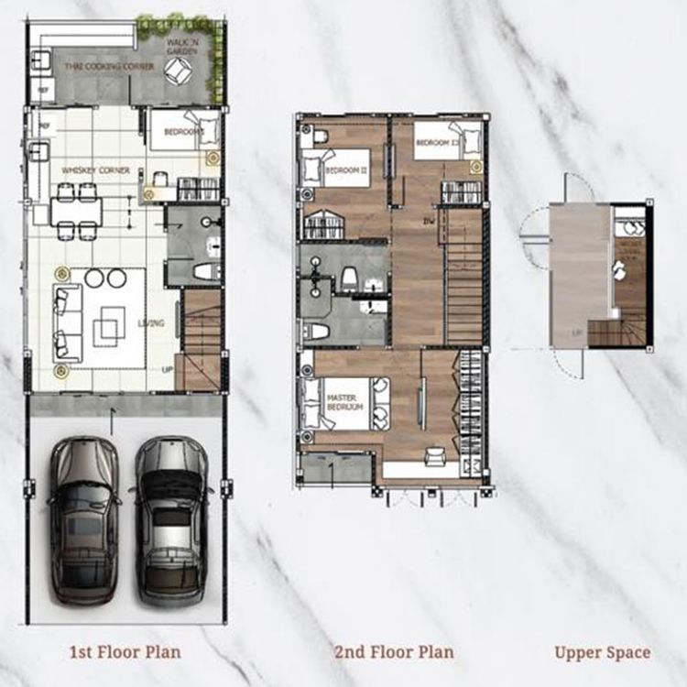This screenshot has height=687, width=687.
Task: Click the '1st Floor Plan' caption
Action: click(x=125, y=652)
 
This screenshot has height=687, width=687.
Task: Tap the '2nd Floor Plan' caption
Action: click(x=394, y=652)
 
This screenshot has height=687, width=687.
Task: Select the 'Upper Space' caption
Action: click(x=603, y=652)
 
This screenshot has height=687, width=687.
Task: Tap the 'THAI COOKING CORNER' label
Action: click(x=96, y=65)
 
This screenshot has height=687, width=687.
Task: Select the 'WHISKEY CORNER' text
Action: click(x=94, y=170)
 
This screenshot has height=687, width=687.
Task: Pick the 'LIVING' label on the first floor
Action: click(x=150, y=322)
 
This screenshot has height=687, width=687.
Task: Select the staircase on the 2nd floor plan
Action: click(x=463, y=275)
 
